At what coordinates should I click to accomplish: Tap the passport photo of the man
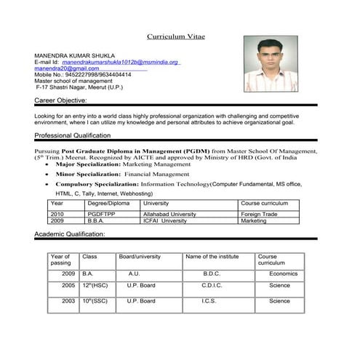tap(271, 65)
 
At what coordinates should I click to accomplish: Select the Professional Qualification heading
tap(72, 136)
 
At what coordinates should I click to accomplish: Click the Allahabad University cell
tap(169, 215)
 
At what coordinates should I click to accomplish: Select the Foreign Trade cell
tap(260, 215)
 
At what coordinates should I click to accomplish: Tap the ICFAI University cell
tap(165, 220)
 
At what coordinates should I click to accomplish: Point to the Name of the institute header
tap(212, 257)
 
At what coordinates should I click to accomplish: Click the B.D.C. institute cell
tap(212, 273)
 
